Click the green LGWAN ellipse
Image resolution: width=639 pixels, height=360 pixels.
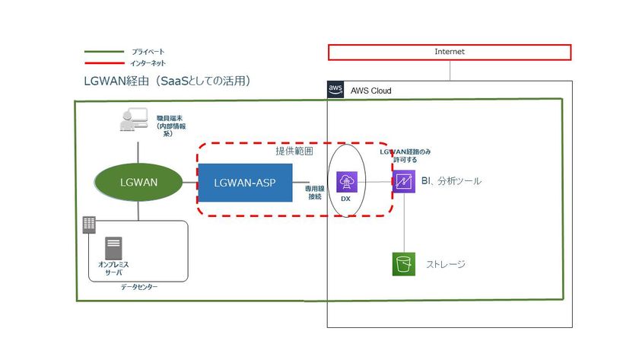(138, 182)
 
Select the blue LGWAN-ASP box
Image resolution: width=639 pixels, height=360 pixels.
(245, 183)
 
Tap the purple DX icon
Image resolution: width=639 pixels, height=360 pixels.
(347, 182)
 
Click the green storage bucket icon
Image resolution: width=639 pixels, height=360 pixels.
(404, 264)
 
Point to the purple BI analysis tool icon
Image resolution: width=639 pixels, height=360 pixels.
(404, 181)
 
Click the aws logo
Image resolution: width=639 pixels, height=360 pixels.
(335, 89)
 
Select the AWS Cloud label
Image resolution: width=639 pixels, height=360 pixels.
(371, 91)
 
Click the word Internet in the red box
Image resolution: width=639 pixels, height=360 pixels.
(450, 52)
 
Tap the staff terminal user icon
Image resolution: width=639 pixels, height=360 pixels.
(134, 119)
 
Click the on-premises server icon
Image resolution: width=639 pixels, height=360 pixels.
(113, 248)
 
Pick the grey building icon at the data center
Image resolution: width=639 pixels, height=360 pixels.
(89, 225)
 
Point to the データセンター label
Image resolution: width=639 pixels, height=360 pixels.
(139, 287)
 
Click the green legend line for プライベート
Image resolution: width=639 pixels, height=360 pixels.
(104, 52)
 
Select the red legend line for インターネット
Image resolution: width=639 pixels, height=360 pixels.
(104, 63)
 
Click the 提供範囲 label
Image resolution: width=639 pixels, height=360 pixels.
(294, 151)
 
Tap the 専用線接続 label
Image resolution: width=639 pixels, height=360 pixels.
(315, 193)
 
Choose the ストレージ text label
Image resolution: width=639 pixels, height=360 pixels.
(446, 264)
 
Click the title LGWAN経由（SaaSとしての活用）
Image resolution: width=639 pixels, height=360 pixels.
(167, 81)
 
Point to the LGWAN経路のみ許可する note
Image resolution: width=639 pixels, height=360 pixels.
(405, 155)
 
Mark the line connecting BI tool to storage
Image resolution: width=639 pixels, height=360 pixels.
(404, 222)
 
